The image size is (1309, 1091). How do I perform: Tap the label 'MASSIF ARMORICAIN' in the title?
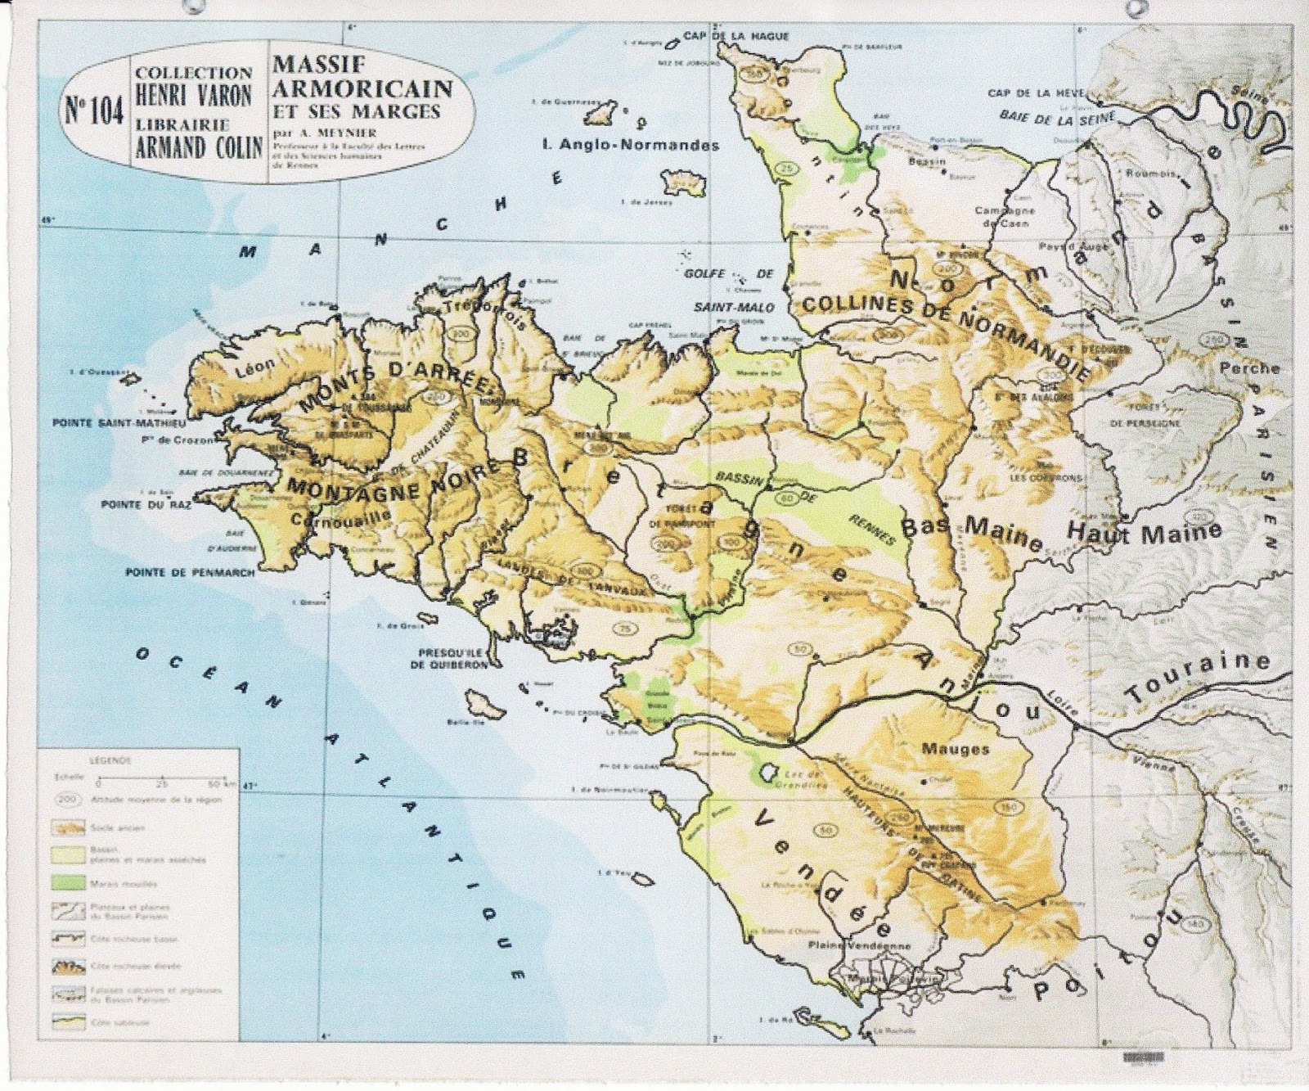coord(362,75)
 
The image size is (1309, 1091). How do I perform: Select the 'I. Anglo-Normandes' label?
coord(631,145)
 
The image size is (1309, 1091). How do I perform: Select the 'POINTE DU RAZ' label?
coord(145,505)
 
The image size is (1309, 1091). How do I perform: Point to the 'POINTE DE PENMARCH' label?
coord(190,573)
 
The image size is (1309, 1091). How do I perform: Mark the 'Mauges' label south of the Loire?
coord(955,748)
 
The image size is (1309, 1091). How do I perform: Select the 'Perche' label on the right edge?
coord(1249,368)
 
